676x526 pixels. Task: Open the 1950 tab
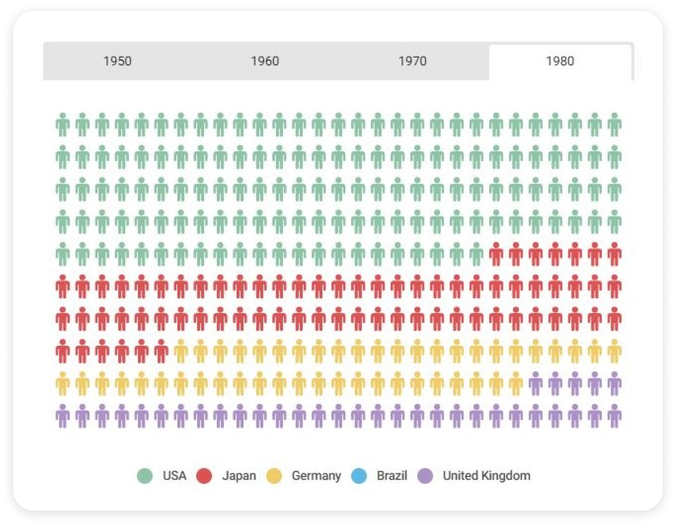click(117, 61)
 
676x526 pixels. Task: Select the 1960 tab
click(265, 61)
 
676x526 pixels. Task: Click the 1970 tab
click(412, 61)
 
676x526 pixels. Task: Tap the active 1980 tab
click(560, 61)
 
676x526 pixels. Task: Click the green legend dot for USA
click(145, 476)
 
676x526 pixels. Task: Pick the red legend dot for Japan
click(204, 476)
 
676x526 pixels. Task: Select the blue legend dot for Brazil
click(359, 476)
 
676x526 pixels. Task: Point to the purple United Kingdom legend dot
click(425, 476)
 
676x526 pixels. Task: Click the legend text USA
click(174, 476)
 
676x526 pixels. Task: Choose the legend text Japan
click(239, 476)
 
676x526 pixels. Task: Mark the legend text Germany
click(316, 476)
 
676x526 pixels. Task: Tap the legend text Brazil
click(392, 476)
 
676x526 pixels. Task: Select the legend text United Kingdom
click(486, 476)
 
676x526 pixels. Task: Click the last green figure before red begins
click(476, 254)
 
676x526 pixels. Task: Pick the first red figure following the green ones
click(496, 254)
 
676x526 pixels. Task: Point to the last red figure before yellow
click(161, 351)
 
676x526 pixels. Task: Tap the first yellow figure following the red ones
click(181, 351)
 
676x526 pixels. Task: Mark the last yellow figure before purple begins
click(516, 383)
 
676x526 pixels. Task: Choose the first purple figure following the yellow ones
click(536, 383)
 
